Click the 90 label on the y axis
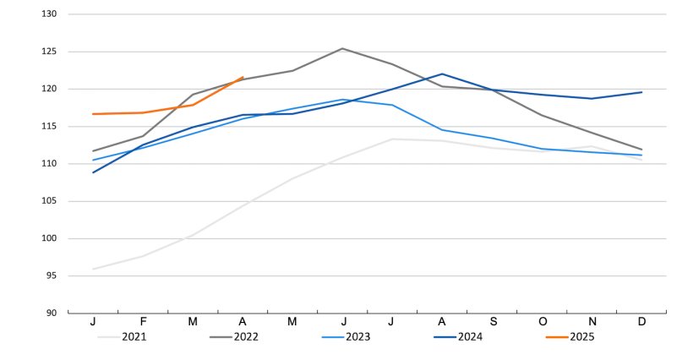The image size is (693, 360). coord(52,313)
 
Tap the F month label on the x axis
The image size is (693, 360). coord(143,322)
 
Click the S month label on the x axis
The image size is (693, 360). coord(492,322)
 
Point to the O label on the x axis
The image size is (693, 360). coord(542,322)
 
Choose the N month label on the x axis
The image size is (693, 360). coord(592,322)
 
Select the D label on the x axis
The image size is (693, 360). coord(641,322)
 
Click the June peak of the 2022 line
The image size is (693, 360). coord(342,48)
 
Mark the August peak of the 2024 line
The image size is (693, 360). coord(442,74)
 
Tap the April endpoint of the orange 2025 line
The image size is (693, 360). coord(243,77)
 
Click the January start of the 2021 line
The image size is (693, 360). coord(93,269)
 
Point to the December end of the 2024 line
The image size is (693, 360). coord(641,92)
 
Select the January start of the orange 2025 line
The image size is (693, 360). coord(93,114)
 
